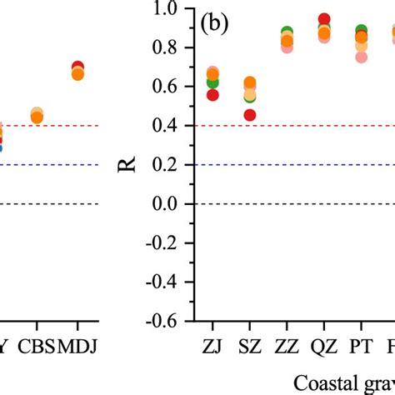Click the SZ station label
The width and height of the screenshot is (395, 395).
click(x=250, y=345)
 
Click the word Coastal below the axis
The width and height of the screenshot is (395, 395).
click(x=322, y=382)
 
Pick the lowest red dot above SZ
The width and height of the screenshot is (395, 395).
click(x=250, y=116)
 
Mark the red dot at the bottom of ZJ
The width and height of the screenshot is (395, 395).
click(x=212, y=95)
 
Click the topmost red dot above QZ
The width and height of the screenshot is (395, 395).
click(x=324, y=19)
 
